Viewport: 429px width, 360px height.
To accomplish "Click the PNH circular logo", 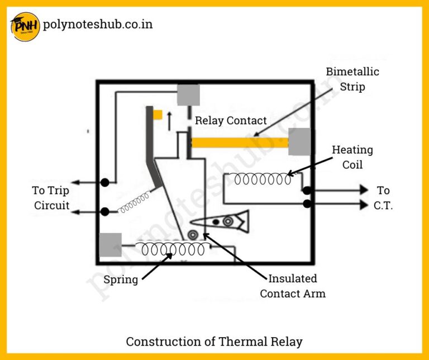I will [25, 26].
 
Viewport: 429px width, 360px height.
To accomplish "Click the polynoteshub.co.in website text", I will [97, 25].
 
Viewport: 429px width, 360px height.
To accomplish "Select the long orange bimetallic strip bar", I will [240, 143].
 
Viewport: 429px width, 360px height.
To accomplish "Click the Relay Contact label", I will [231, 121].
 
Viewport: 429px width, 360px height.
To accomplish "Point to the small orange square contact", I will [158, 115].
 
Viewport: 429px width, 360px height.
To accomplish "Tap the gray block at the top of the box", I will [188, 94].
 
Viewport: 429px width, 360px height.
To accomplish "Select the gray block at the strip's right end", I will [299, 141].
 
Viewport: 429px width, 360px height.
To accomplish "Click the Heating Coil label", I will [352, 157].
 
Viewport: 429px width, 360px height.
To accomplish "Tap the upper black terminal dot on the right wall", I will [307, 191].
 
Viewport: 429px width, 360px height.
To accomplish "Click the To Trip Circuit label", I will [51, 198].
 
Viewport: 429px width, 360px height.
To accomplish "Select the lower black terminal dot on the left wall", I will [104, 212].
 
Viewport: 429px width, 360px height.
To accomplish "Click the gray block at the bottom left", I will [110, 245].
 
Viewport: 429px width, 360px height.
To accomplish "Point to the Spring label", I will [121, 280].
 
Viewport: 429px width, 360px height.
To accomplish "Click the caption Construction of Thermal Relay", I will [214, 341].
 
